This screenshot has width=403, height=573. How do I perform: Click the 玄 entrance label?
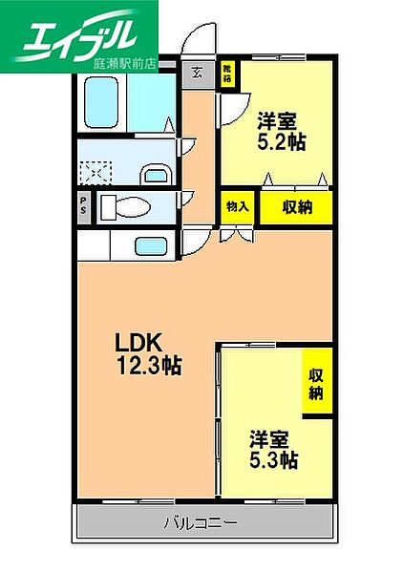point(197,72)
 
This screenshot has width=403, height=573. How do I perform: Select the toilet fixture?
point(123,207)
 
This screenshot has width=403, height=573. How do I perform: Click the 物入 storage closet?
point(237,207)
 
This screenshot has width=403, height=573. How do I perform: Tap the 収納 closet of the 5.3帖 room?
point(315,382)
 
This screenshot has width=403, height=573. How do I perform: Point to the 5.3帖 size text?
point(274,460)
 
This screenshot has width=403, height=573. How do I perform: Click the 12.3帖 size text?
point(149,365)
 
